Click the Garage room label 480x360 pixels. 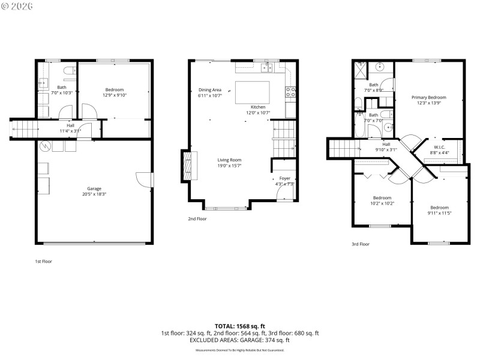click(94, 189)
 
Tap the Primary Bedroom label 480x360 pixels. click(428, 97)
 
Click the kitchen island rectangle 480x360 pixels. click(251, 93)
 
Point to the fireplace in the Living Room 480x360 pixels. click(186, 166)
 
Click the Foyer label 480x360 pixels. click(285, 178)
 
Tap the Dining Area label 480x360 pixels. click(210, 90)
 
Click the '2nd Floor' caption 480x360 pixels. click(197, 219)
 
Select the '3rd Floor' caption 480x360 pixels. click(361, 244)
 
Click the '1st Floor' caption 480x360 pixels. click(43, 261)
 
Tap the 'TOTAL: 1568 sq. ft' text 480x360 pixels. click(240, 326)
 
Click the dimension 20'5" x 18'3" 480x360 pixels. click(94, 194)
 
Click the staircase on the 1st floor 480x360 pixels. click(24, 129)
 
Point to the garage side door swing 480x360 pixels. click(142, 179)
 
